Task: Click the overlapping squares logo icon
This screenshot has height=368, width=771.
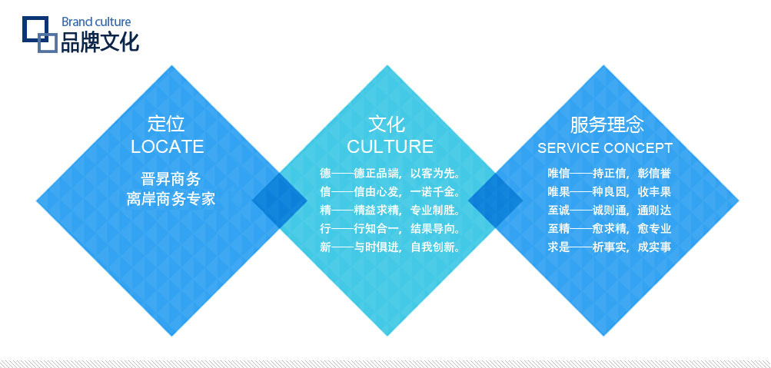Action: [x=39, y=35]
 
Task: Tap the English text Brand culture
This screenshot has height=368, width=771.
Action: [x=96, y=22]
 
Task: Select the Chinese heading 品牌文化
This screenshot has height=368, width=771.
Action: [x=100, y=42]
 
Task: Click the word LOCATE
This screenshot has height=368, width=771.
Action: [x=167, y=147]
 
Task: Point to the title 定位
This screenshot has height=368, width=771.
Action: [x=166, y=124]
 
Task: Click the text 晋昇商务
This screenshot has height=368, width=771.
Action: [x=171, y=178]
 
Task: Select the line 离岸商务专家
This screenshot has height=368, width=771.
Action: [x=171, y=199]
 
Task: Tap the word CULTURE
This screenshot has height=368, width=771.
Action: [x=390, y=147]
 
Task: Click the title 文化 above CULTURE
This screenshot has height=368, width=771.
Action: [x=387, y=124]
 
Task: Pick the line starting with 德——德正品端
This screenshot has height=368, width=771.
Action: [x=390, y=174]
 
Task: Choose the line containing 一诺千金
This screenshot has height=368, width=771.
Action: [x=390, y=191]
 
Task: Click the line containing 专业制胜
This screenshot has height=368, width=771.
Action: [x=390, y=211]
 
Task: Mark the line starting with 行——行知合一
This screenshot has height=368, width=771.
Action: [x=390, y=228]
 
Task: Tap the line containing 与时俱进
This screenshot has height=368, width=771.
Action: [x=390, y=247]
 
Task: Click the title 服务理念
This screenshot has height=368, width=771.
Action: [x=606, y=124]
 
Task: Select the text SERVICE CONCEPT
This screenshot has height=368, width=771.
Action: [x=605, y=148]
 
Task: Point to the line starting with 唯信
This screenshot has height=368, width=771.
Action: [x=610, y=174]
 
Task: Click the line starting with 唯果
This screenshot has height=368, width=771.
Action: [x=610, y=191]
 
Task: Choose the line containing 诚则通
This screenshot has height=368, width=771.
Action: [x=610, y=211]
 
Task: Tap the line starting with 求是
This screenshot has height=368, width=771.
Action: [x=610, y=247]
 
